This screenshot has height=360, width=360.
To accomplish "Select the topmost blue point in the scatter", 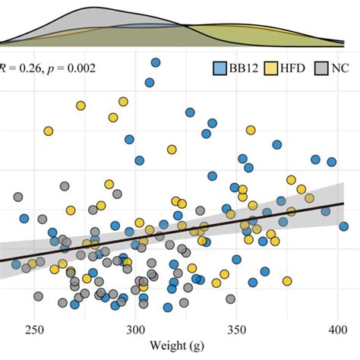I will (x=156, y=63).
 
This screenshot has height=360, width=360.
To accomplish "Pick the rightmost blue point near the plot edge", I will (x=344, y=230).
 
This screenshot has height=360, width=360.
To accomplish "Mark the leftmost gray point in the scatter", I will (x=17, y=197).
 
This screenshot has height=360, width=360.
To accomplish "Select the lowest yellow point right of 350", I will (x=287, y=281).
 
